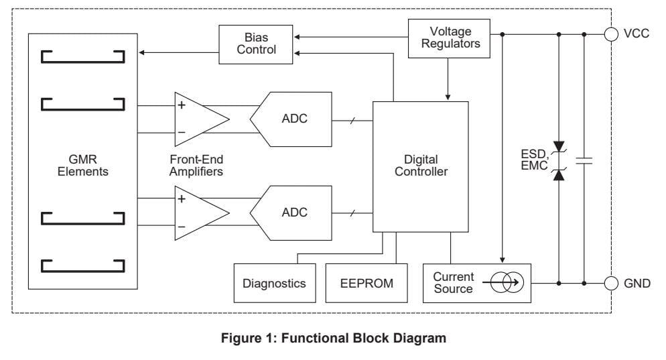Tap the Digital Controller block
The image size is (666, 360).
point(421,166)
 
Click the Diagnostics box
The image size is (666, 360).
point(274,283)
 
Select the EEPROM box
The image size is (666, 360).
point(367,283)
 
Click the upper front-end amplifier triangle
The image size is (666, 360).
point(198,119)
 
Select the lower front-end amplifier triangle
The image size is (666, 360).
point(198,213)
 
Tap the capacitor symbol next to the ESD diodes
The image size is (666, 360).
point(584,161)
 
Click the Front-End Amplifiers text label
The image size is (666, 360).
point(197,166)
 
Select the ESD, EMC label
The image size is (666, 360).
point(533,160)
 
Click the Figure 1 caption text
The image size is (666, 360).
point(333,339)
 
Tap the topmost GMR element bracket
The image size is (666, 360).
point(82,56)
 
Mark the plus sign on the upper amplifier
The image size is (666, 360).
point(181,105)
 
